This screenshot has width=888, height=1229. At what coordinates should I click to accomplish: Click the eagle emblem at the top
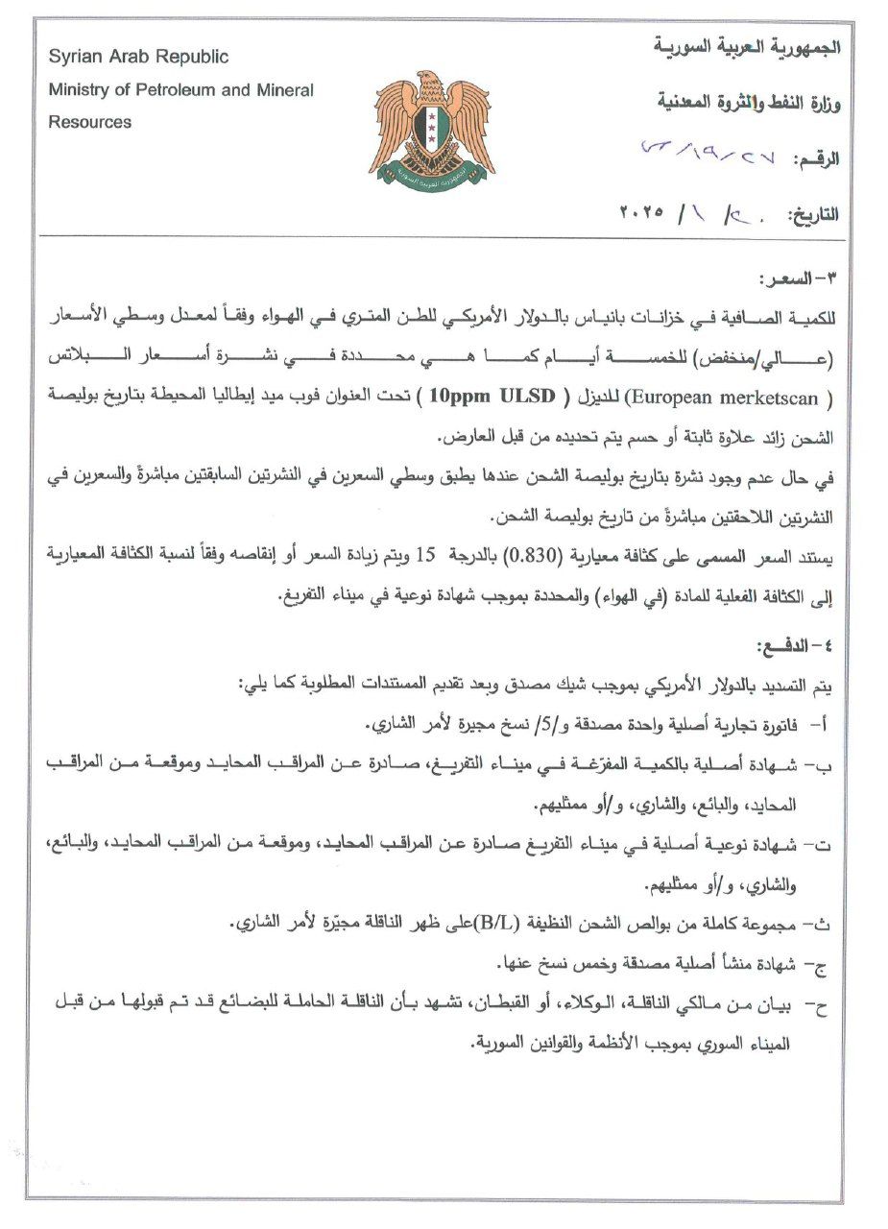coord(432,125)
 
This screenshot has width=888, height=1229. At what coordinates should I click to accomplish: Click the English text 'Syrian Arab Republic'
coord(138,58)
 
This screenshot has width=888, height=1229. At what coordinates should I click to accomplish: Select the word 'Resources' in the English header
coord(90,123)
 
